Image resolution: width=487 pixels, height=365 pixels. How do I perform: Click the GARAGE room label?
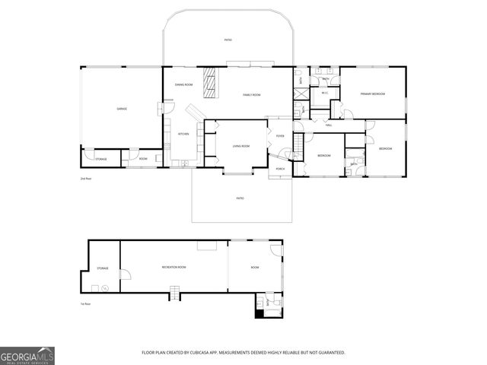click(122, 109)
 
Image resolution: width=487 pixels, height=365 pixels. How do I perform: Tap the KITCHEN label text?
click(183, 134)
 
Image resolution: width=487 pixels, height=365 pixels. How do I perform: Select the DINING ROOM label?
click(183, 84)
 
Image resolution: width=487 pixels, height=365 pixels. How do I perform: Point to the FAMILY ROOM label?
click(252, 95)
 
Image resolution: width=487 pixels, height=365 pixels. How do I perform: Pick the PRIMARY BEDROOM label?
click(373, 94)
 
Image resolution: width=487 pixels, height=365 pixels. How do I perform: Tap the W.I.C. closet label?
click(325, 94)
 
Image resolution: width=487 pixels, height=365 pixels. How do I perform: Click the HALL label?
click(329, 125)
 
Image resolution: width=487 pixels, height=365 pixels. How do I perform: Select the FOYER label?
click(280, 136)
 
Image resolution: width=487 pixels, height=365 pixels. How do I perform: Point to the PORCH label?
click(280, 169)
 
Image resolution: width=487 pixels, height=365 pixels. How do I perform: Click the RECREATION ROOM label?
click(174, 268)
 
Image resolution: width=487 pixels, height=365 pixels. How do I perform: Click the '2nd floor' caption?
click(85, 178)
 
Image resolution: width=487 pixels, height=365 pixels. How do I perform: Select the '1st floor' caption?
click(87, 304)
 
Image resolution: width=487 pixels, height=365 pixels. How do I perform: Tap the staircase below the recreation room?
click(174, 293)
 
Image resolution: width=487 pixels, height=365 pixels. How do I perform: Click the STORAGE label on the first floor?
click(103, 268)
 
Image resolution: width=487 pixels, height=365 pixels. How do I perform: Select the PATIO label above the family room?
click(228, 40)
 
